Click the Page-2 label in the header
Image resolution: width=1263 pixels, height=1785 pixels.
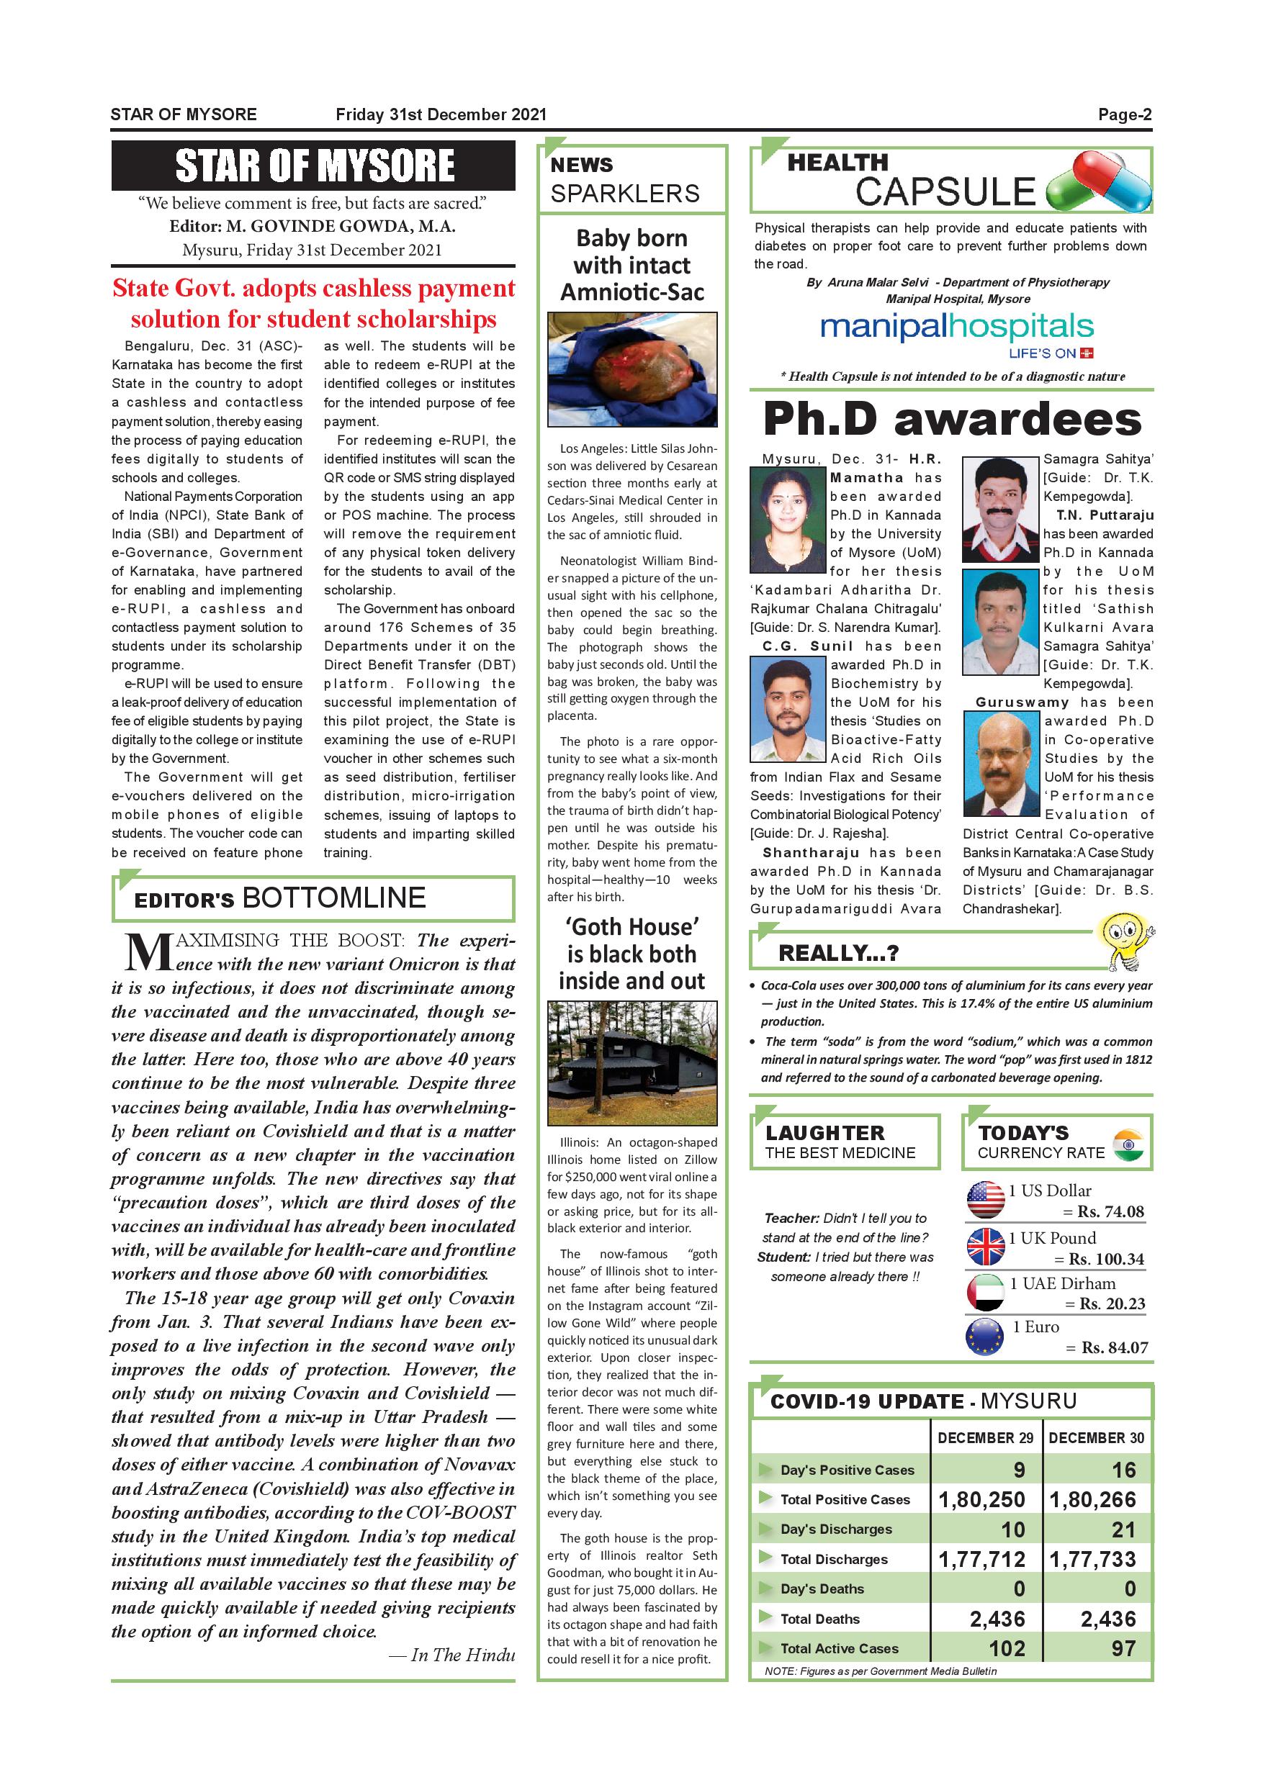point(1124,115)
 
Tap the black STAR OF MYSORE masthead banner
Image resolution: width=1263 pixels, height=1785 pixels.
point(313,165)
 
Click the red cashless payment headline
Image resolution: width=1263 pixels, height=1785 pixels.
point(313,303)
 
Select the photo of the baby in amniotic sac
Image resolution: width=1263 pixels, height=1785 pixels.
point(631,369)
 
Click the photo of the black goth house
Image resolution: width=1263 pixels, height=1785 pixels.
point(631,1063)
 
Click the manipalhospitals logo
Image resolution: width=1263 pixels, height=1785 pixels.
point(956,328)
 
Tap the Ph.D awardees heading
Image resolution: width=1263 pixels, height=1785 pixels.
point(952,420)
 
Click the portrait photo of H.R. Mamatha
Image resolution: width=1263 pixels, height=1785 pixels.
point(787,520)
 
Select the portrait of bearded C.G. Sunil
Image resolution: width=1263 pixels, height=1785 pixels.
point(787,709)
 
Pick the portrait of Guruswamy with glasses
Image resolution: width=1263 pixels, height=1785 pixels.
point(1002,764)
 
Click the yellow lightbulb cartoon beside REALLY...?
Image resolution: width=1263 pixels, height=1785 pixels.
point(1123,943)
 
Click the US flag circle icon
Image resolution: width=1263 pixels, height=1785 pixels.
point(985,1200)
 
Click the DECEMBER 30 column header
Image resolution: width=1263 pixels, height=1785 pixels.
point(1096,1437)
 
